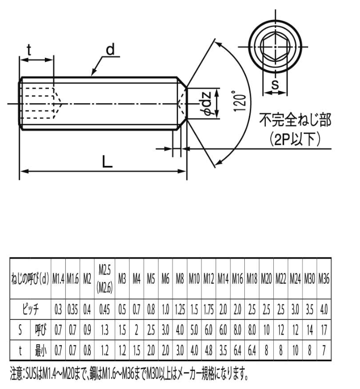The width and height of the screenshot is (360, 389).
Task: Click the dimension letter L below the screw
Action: [x=107, y=161]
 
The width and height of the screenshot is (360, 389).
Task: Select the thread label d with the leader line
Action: [x=110, y=49]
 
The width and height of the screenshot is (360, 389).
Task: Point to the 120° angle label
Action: [x=240, y=101]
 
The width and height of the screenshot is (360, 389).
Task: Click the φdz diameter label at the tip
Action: [x=207, y=104]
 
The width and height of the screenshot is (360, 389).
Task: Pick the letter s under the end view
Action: [x=275, y=84]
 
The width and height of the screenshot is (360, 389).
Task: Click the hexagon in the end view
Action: [x=275, y=47]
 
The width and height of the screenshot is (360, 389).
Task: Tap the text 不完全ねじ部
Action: [x=295, y=120]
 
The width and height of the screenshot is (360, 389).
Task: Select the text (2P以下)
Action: [x=295, y=138]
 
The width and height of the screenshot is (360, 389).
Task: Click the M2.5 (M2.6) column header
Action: [x=105, y=279]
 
